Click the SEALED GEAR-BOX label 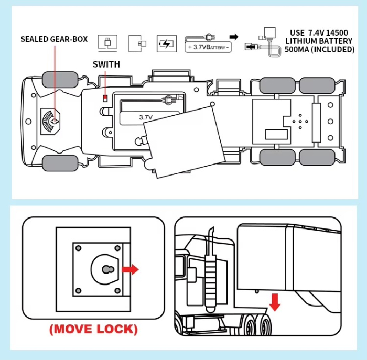point(54,39)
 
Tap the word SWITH point(106,65)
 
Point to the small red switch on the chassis point(105,98)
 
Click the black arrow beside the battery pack point(234,37)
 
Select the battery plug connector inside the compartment point(170,100)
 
